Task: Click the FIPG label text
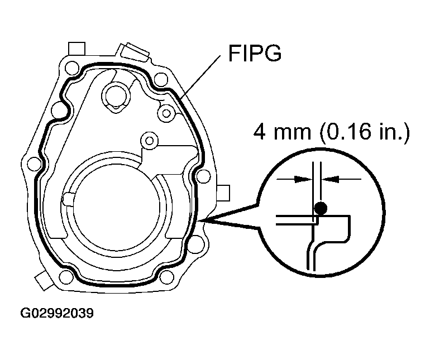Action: (255, 55)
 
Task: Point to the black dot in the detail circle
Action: (320, 209)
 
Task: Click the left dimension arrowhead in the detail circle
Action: (302, 179)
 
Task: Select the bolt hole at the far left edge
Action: (34, 164)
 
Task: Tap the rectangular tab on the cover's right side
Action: (223, 191)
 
